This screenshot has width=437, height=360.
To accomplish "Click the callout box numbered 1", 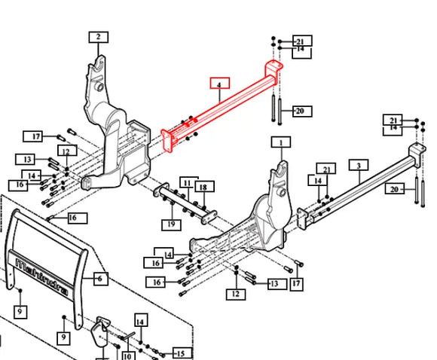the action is point(281,142).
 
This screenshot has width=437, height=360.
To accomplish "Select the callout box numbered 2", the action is point(99,37).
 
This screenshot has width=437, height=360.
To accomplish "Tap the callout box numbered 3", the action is point(359,165).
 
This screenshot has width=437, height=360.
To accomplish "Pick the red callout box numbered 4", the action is point(220,83).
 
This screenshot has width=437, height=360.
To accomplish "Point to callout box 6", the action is point(100,279).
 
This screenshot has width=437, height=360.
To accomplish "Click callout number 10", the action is point(127,355).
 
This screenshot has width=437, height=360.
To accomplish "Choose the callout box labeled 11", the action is point(189,183).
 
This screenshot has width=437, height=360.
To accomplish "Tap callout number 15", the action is point(182,353).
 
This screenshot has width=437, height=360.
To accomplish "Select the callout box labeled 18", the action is point(205,187).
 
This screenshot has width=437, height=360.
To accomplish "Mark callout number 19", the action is point(171,224).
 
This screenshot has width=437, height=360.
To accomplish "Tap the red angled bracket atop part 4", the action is point(273,68).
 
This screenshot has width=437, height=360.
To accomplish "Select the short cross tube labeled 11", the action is point(185,203).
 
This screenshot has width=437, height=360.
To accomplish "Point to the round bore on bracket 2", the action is point(100,87).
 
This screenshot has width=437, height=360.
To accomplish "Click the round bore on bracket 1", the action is point(282,192).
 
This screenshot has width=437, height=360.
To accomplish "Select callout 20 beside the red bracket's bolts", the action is point(302,111).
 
